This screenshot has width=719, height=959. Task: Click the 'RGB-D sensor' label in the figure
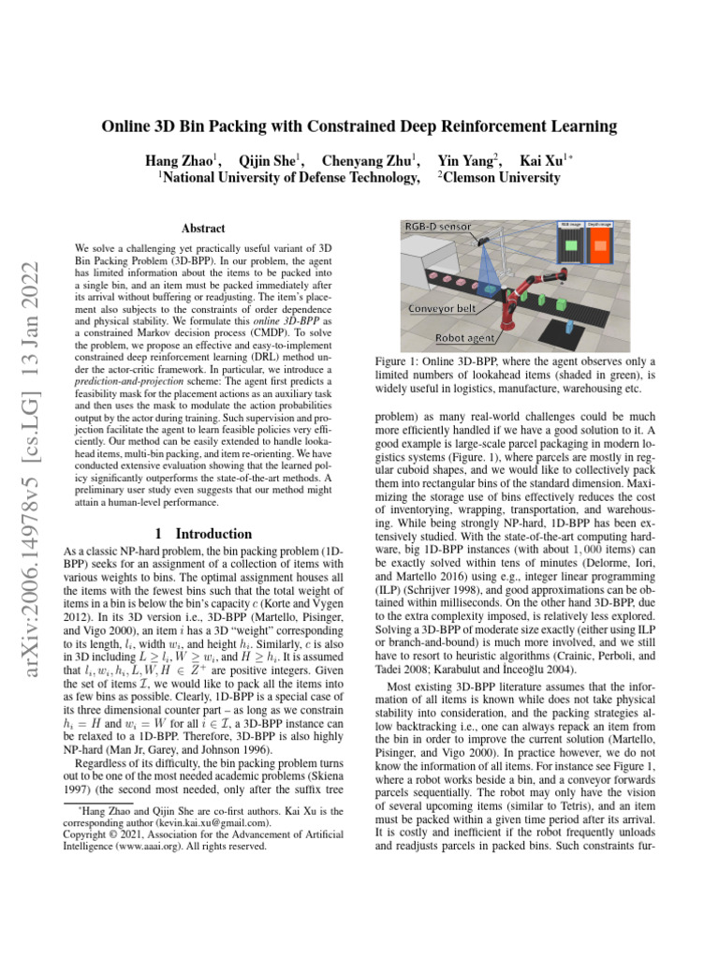437,227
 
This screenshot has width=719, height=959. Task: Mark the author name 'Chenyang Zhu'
369,159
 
